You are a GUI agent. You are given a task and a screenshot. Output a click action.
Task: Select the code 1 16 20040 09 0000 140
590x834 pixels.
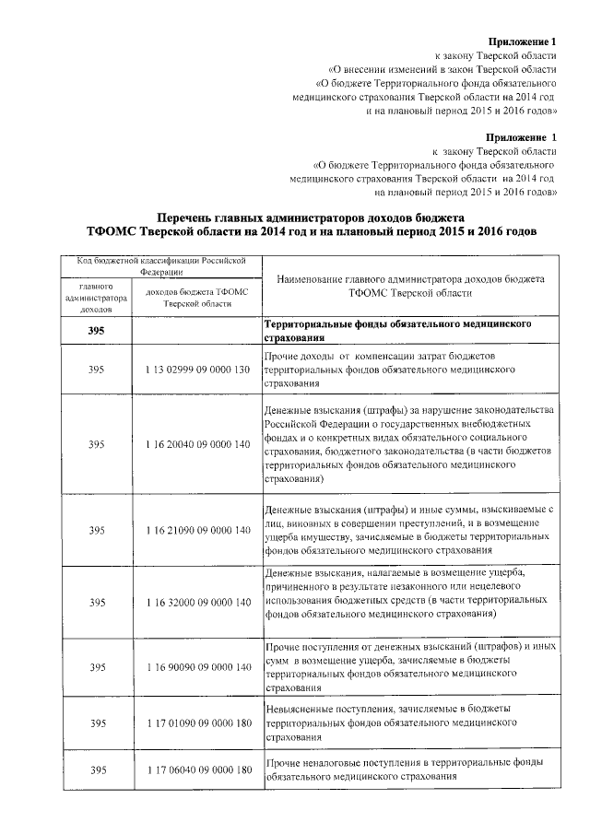point(197,444)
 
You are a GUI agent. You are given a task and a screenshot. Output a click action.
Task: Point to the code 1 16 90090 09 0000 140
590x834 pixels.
point(197,666)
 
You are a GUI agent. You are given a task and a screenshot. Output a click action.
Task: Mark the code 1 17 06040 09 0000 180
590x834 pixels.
point(197,770)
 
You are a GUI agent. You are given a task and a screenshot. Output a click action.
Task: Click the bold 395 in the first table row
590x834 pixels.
point(96,332)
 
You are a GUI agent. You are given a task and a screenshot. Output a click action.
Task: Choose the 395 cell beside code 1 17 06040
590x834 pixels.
point(96,770)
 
